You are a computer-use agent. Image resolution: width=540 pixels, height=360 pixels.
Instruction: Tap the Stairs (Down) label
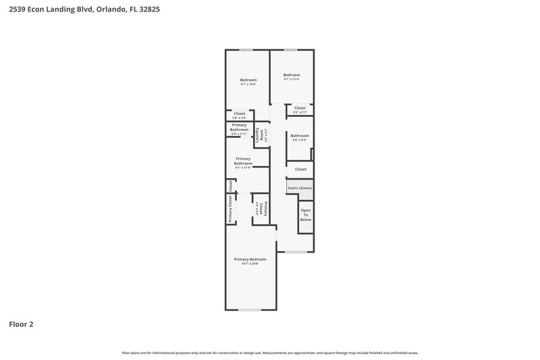coord(300,188)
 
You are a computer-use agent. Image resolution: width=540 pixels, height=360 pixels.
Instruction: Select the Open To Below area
coord(306,215)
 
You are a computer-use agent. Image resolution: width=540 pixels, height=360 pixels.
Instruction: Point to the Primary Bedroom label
coord(250,259)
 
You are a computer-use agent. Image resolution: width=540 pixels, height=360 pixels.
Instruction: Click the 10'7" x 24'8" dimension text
coord(250,263)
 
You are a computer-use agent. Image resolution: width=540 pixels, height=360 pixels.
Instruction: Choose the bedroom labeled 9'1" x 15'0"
coord(248,82)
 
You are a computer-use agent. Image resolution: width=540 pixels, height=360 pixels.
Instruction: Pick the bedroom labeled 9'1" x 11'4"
coord(291,76)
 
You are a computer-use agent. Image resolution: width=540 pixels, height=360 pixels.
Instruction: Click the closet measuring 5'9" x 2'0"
coord(239,115)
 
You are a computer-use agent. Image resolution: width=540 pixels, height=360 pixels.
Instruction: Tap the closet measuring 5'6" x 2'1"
coord(300,109)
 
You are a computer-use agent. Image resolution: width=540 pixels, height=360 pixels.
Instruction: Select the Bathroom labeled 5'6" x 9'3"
coord(300,138)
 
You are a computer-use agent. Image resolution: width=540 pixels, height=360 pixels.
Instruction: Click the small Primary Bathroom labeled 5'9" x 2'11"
coord(239,128)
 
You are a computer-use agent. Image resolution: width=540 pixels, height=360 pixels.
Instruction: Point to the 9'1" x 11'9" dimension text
coord(243,168)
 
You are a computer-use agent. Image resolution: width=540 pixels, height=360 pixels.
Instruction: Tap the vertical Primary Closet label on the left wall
coord(230,209)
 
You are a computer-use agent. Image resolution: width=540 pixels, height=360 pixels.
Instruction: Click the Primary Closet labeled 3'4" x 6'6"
coord(261,209)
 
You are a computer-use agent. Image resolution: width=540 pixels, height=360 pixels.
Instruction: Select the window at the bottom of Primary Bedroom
coord(249,309)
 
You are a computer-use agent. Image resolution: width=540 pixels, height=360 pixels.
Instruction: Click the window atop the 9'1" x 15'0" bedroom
coord(246,49)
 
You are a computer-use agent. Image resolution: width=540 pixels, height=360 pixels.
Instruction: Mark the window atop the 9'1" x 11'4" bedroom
coord(290,49)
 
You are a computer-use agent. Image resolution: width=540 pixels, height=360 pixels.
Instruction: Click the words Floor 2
coord(21,324)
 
